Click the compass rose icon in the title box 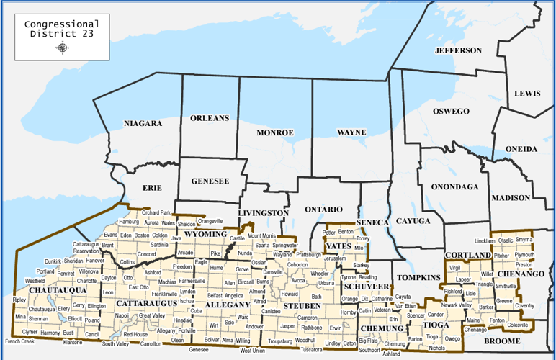coord(63,48)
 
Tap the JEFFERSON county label coord(458,50)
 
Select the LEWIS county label coord(527,94)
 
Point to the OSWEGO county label coord(451,111)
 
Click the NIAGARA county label coord(143,123)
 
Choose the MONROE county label coord(275,132)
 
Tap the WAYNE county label coord(351,132)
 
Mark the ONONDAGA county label coord(454,186)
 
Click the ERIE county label coord(152,187)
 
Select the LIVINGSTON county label coord(263,213)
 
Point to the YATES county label coord(338,246)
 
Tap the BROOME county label coord(501,341)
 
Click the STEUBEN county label coord(302,305)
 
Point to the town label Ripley coord(19,300)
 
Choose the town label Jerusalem coord(335,258)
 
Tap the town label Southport coord(369,350)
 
